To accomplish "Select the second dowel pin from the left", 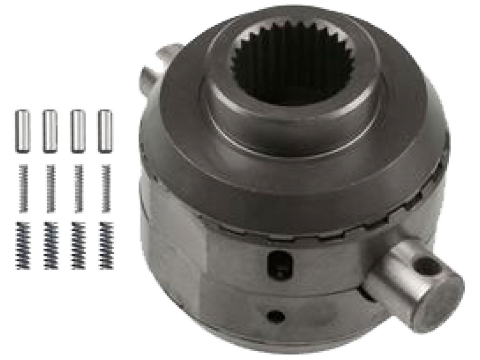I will click(49, 131).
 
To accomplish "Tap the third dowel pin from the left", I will click(77, 131).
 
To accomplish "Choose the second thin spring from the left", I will click(49, 188).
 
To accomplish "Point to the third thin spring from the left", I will click(77, 188).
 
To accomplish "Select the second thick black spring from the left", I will click(49, 245).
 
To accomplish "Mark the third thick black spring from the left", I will click(77, 245).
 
